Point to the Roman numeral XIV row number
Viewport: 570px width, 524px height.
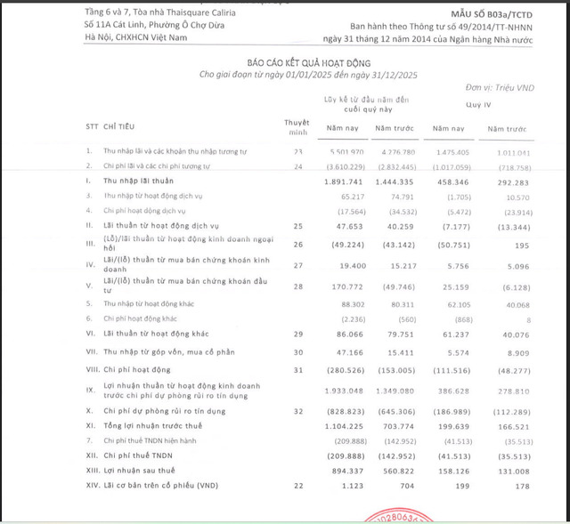92,486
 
